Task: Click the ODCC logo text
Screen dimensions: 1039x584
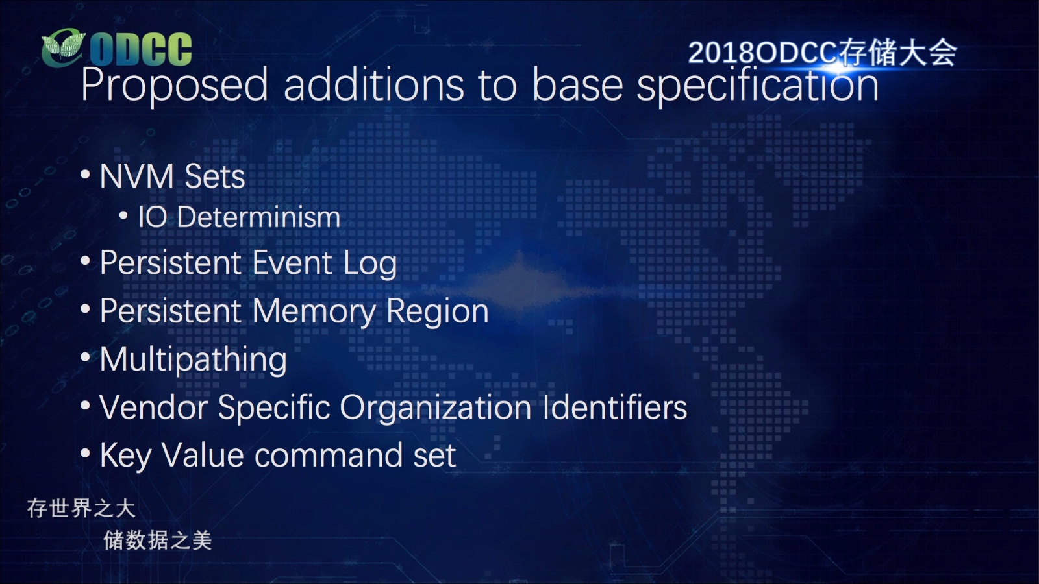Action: (140, 49)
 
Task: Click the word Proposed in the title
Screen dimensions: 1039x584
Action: (175, 85)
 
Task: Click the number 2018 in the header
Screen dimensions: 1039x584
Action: (721, 53)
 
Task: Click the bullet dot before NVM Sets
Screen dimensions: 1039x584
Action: (85, 175)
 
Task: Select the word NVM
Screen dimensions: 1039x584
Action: (137, 176)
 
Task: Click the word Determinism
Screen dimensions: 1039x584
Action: (258, 217)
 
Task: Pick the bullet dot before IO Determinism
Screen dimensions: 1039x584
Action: (123, 215)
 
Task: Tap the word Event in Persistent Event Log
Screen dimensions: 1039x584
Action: (292, 262)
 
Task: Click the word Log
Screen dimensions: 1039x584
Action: (370, 264)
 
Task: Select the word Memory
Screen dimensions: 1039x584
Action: (314, 312)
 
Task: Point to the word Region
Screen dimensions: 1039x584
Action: (438, 312)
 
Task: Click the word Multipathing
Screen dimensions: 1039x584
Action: (193, 360)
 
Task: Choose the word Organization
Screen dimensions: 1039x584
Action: (436, 408)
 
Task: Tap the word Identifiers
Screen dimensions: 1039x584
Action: (614, 407)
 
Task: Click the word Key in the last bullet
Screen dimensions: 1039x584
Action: (126, 456)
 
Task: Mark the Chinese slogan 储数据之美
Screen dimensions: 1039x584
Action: (158, 541)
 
